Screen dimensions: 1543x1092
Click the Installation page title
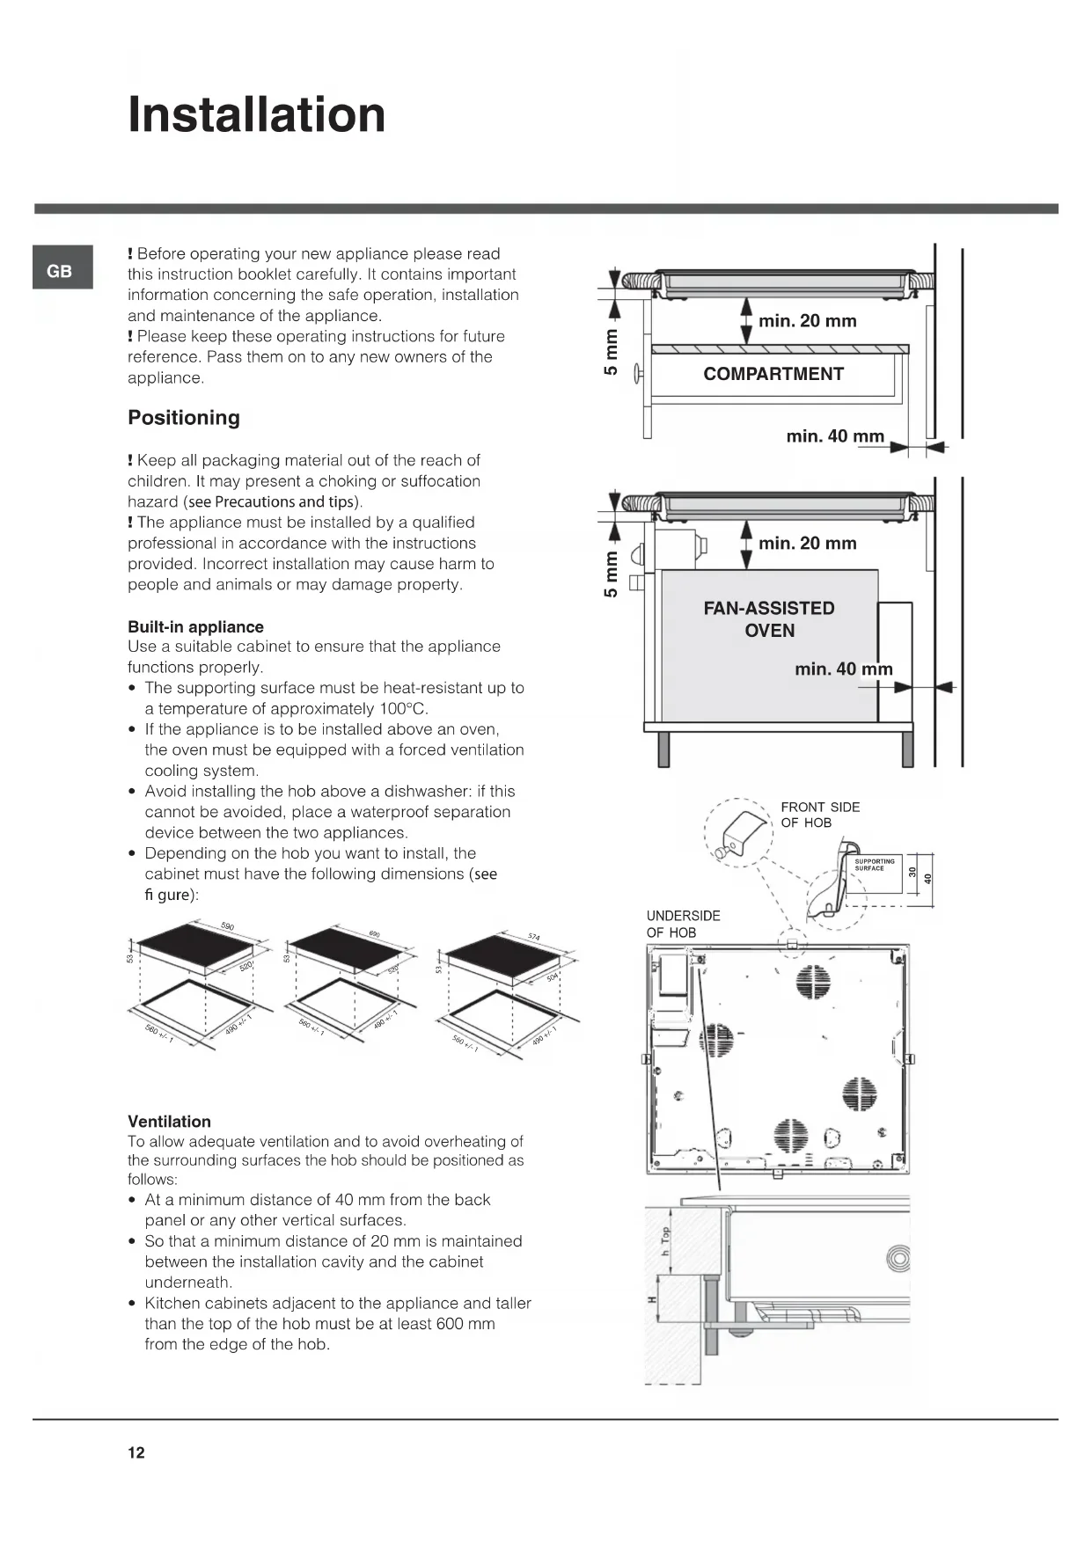click(256, 115)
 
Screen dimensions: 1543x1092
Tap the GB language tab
click(59, 271)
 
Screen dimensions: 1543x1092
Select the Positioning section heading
click(183, 418)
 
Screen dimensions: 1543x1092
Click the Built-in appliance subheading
click(195, 627)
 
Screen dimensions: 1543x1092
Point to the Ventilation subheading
click(169, 1122)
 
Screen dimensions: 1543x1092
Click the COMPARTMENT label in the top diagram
click(773, 374)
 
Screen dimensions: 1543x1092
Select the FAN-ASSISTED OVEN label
click(769, 619)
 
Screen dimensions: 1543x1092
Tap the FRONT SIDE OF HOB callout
click(820, 815)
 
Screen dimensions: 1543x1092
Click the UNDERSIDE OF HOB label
click(683, 924)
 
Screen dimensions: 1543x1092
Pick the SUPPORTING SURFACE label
click(874, 865)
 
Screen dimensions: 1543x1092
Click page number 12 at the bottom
click(136, 1452)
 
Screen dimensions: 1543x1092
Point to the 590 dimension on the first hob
click(227, 926)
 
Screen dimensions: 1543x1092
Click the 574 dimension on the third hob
click(534, 937)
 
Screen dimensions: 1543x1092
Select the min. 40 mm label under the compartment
click(834, 436)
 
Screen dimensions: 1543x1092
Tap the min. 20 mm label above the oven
click(807, 544)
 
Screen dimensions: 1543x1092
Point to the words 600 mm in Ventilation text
click(466, 1324)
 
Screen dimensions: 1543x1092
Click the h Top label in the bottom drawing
click(666, 1241)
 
